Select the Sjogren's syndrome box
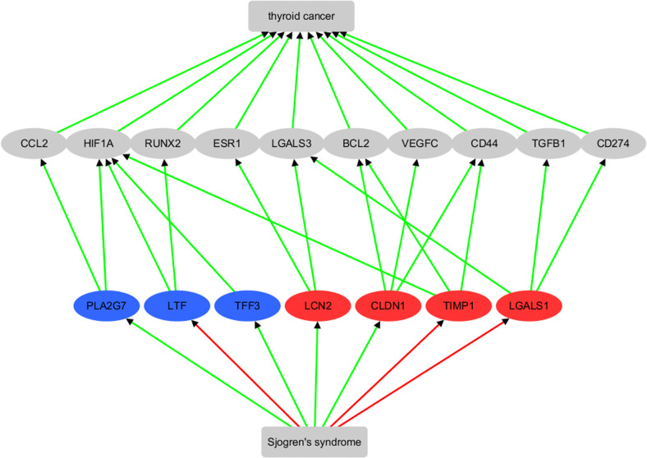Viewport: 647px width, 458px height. (x=314, y=442)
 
